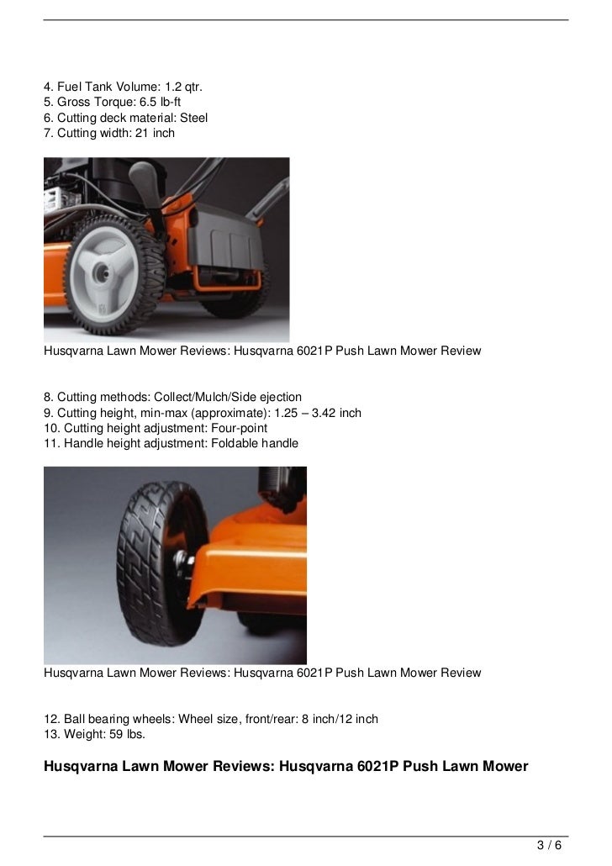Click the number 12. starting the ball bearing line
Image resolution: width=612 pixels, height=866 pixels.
[x=52, y=719]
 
